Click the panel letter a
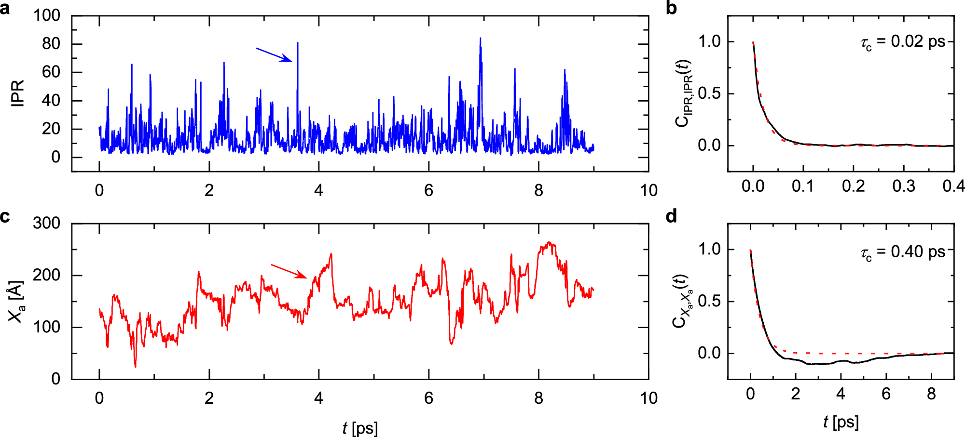click(x=5, y=8)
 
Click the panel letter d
click(x=671, y=216)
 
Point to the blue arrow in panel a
click(x=274, y=55)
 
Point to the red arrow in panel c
click(x=289, y=271)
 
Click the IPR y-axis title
click(x=17, y=93)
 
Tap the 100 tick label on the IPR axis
click(x=47, y=15)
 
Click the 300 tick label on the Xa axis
click(x=47, y=223)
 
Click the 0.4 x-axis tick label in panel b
click(x=953, y=186)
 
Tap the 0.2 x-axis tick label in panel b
click(x=853, y=186)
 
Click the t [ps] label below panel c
click(x=360, y=427)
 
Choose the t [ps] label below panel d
click(x=841, y=422)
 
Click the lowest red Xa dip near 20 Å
click(x=135, y=366)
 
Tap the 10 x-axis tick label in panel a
click(x=648, y=190)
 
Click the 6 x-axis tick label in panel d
click(x=886, y=394)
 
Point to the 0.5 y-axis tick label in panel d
click(x=709, y=301)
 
